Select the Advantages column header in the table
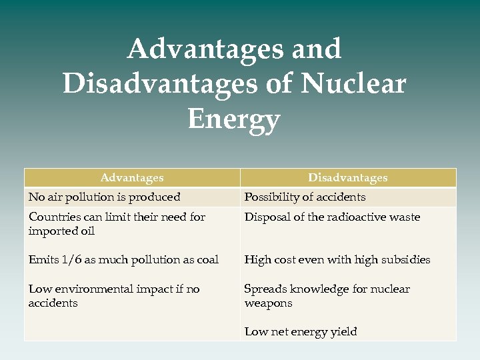coord(132,178)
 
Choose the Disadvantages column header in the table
coord(347,178)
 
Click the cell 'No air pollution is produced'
coord(104,197)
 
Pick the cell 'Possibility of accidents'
coord(305,197)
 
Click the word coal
coord(206,260)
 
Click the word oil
coord(87,231)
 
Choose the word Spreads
coord(264,289)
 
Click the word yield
coord(343,332)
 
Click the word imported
coord(53,231)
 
